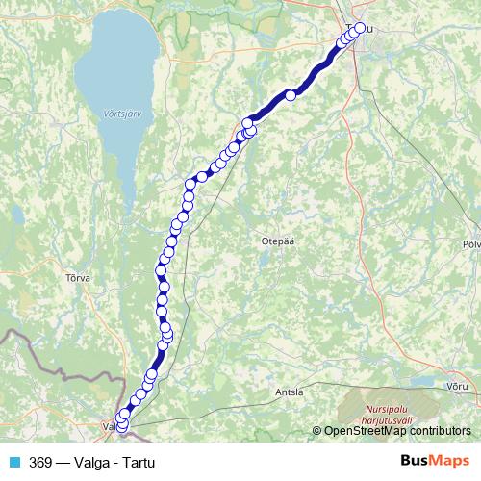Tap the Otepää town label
(x=276, y=242)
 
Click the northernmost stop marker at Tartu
(x=361, y=28)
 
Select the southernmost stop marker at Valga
(x=122, y=425)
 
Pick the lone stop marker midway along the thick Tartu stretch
(x=290, y=94)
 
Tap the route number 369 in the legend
(x=40, y=461)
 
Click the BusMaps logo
(x=435, y=461)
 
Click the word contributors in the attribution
(x=442, y=431)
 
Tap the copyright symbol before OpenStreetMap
(x=317, y=431)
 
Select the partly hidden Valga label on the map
(x=108, y=426)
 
